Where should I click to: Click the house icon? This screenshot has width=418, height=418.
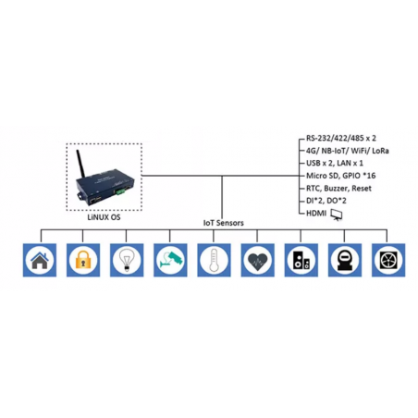pos(39,260)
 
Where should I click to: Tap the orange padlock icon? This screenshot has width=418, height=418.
pos(81,260)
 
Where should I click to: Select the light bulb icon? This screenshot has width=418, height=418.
pos(126,260)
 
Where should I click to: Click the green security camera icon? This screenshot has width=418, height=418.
pos(169,260)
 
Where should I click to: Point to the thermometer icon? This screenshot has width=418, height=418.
pos(213,260)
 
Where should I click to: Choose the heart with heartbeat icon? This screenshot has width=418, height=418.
pos(256,260)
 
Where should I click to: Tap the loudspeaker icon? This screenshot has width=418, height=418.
pos(300,260)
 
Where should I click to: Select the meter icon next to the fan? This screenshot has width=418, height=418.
pos(342,260)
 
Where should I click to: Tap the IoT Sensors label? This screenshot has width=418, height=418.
pos(223,223)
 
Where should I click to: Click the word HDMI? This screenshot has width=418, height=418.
pos(316,213)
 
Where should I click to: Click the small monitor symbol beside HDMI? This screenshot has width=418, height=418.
pos(338,214)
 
